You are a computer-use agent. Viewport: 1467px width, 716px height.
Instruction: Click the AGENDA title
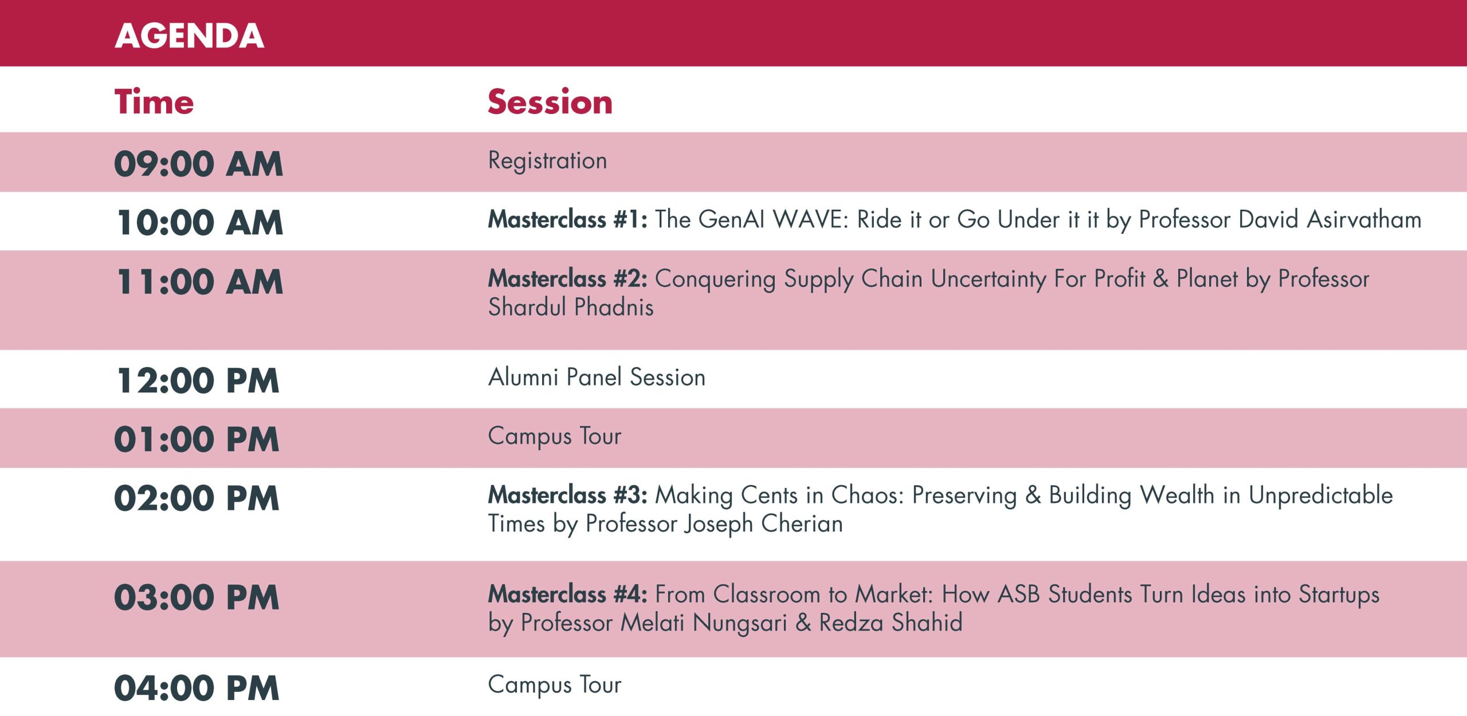pos(189,36)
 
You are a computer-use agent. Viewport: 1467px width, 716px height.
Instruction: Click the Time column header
pos(154,102)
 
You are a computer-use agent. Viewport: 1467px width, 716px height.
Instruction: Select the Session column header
pos(550,102)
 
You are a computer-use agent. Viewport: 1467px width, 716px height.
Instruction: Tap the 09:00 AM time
pos(198,164)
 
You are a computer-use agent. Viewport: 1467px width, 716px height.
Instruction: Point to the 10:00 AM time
pos(200,222)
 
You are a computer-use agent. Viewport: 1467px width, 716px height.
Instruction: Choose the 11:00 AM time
pos(200,282)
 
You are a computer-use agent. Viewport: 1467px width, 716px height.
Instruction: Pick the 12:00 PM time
pos(198,381)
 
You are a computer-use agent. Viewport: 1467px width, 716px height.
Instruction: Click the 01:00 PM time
pos(197,439)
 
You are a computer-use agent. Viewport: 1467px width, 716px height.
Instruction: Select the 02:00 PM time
pos(197,498)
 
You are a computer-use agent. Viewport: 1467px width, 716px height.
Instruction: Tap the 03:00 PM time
pos(197,597)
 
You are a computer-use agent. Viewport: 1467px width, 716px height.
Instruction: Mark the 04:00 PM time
pos(197,688)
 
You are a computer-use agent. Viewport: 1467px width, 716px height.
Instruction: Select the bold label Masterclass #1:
pos(567,219)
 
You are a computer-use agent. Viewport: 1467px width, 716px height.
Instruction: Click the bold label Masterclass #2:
pos(567,278)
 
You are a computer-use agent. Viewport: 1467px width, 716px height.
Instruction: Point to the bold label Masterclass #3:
pos(567,495)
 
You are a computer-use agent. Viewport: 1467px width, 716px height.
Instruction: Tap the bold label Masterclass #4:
pos(567,594)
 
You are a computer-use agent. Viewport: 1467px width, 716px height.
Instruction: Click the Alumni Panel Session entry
pos(597,377)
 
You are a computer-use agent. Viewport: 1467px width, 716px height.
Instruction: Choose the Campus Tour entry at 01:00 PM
pos(555,437)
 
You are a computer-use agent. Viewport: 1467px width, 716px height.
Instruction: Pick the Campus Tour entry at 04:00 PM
pos(555,685)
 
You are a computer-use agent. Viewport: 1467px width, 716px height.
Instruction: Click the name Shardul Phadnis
pos(571,307)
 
